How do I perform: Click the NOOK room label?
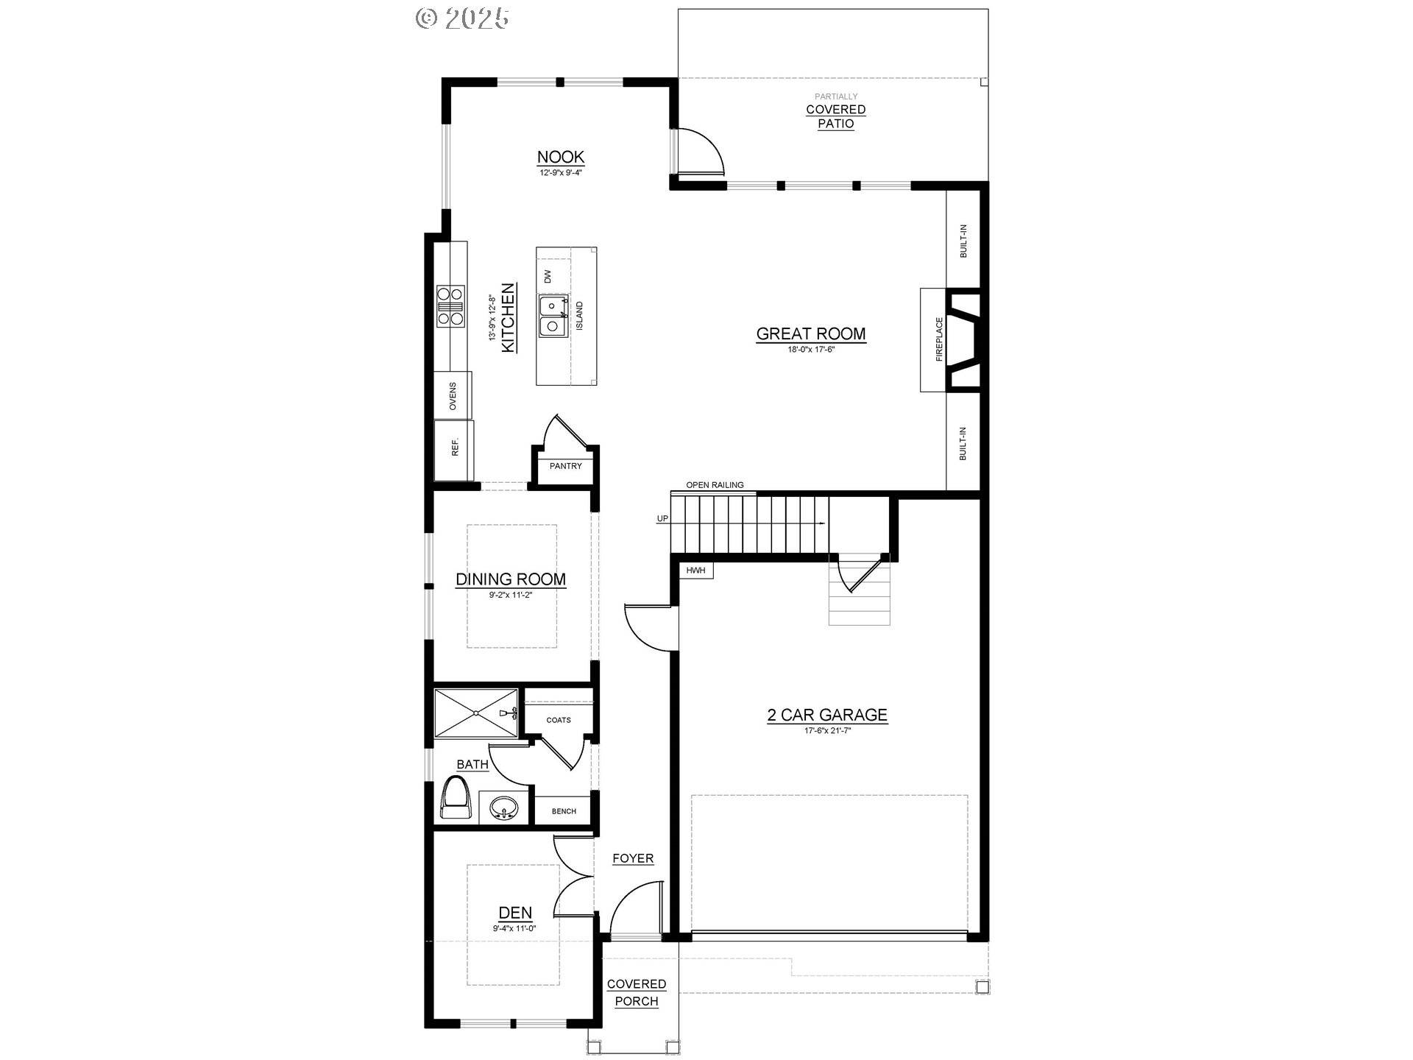[561, 157]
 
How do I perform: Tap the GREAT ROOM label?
[811, 333]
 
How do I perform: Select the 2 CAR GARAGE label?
[827, 715]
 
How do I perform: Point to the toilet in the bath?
[456, 799]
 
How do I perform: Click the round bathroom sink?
[504, 808]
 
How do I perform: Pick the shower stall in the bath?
[476, 713]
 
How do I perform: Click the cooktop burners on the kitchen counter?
[450, 305]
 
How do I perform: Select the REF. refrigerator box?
[454, 451]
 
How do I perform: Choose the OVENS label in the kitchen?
[453, 396]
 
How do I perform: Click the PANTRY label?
[566, 466]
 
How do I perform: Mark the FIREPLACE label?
[939, 339]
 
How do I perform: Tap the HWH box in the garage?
[695, 570]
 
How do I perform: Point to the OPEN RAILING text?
[715, 485]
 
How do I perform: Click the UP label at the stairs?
[662, 519]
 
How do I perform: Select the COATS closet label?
[559, 720]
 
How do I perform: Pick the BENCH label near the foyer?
[564, 811]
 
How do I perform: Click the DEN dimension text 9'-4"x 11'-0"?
[514, 929]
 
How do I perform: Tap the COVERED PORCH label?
[637, 993]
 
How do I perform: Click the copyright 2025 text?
[462, 18]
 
